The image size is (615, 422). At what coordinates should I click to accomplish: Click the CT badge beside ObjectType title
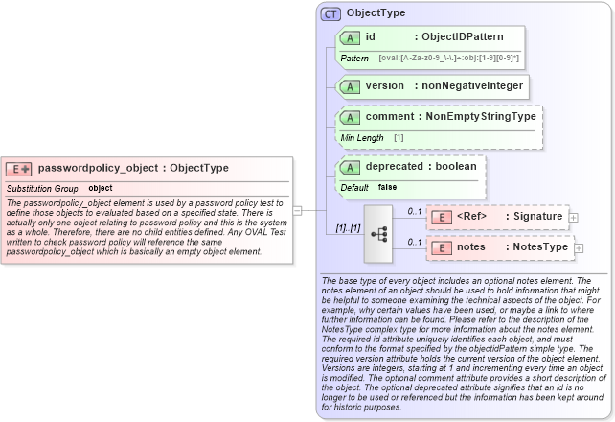coord(330,13)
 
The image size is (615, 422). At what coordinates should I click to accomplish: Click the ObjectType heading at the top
coord(376,13)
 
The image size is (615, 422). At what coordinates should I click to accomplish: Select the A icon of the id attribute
coord(352,37)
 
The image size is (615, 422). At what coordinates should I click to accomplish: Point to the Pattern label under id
coord(354,59)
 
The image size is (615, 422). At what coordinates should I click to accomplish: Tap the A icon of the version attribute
coord(352,86)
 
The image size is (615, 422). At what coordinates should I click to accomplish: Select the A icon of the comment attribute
coord(352,117)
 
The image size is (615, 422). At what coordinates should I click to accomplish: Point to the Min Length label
coord(362,138)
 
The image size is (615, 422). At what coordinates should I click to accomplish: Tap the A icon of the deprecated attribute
coord(352,166)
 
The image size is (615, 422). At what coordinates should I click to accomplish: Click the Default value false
coord(387,187)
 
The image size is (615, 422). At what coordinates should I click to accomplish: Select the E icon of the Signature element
coord(444,217)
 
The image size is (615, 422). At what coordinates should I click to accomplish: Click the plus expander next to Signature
coord(573,218)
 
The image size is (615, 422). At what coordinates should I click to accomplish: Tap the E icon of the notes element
coord(444,248)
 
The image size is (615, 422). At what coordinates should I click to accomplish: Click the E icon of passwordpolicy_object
coord(19,169)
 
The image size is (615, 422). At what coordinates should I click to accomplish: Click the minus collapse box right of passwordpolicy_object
coord(298,209)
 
